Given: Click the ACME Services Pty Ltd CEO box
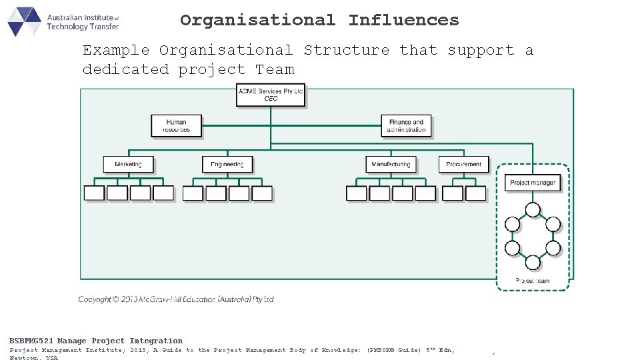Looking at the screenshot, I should coord(271,95).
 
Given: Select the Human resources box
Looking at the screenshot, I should coord(176,126).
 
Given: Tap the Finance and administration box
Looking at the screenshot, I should coord(406,126).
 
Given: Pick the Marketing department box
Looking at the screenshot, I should coord(128,164).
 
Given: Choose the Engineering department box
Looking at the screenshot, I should coord(227,164).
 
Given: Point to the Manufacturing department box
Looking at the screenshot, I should coord(391,164).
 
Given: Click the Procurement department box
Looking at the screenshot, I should coord(463,164).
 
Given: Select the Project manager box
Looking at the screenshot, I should coord(532,183).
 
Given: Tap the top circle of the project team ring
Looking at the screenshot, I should coord(533,211).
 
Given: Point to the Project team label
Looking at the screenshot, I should coord(533,281).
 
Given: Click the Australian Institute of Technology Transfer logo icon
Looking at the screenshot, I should coord(25,21).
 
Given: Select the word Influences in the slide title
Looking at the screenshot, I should coord(403,21).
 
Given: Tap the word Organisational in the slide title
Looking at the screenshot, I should coord(257,21).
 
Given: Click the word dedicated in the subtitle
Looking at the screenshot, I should coord(125,69).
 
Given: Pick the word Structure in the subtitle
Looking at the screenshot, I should coord(346,50).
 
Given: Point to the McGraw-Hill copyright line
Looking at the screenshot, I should coord(176,299).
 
